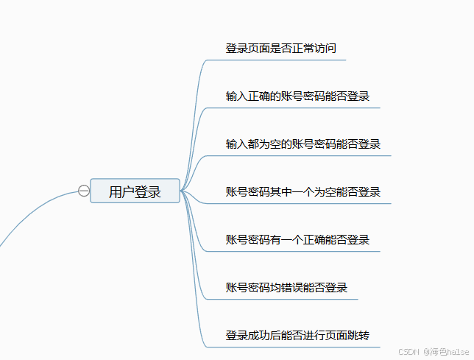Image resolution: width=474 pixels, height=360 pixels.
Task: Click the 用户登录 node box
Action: (135, 191)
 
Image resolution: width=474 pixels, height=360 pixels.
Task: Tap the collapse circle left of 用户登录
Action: (84, 191)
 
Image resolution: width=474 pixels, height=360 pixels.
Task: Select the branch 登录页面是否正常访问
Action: (280, 49)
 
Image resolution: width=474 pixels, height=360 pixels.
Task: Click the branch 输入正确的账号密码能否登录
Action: (297, 96)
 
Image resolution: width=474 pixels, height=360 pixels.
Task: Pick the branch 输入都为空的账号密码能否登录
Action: (303, 144)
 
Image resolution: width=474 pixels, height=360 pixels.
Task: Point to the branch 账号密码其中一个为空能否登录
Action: (303, 192)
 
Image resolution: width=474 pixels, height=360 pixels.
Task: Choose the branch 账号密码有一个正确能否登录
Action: (297, 240)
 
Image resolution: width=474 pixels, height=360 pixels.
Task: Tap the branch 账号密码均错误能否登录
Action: (286, 288)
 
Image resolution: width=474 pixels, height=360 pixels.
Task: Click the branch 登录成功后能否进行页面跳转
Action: (297, 336)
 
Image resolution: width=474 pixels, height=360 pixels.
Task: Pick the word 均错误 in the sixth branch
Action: (286, 288)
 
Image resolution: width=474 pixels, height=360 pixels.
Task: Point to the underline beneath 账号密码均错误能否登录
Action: (287, 300)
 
